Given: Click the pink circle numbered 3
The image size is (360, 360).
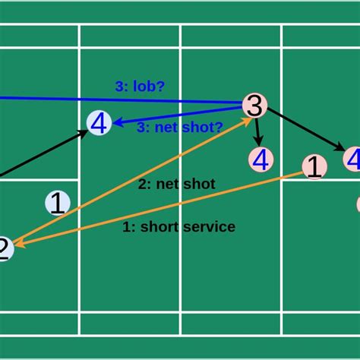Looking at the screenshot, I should (x=255, y=106).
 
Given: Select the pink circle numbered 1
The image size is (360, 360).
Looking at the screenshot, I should (x=314, y=167).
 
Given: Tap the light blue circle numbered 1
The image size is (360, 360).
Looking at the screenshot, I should (x=58, y=203).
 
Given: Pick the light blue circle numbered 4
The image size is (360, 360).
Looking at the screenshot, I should (x=99, y=122).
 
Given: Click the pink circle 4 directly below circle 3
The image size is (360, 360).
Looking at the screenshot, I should (x=261, y=159).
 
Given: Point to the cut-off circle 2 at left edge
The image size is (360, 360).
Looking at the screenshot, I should (x=4, y=249).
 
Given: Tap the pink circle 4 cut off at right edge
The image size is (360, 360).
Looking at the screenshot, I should (x=352, y=159).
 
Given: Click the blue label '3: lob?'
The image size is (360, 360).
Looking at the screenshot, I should (x=140, y=87).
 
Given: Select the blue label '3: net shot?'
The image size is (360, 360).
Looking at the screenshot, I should (x=180, y=128).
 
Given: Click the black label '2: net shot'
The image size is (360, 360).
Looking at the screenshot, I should (x=177, y=184).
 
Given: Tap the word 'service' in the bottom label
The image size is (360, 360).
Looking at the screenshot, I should (x=207, y=226).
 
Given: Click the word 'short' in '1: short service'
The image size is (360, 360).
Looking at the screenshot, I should (x=159, y=226).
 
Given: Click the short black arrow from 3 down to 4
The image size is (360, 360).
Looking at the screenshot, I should (x=258, y=131).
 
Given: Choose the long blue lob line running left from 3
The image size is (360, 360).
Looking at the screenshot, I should (x=114, y=99).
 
